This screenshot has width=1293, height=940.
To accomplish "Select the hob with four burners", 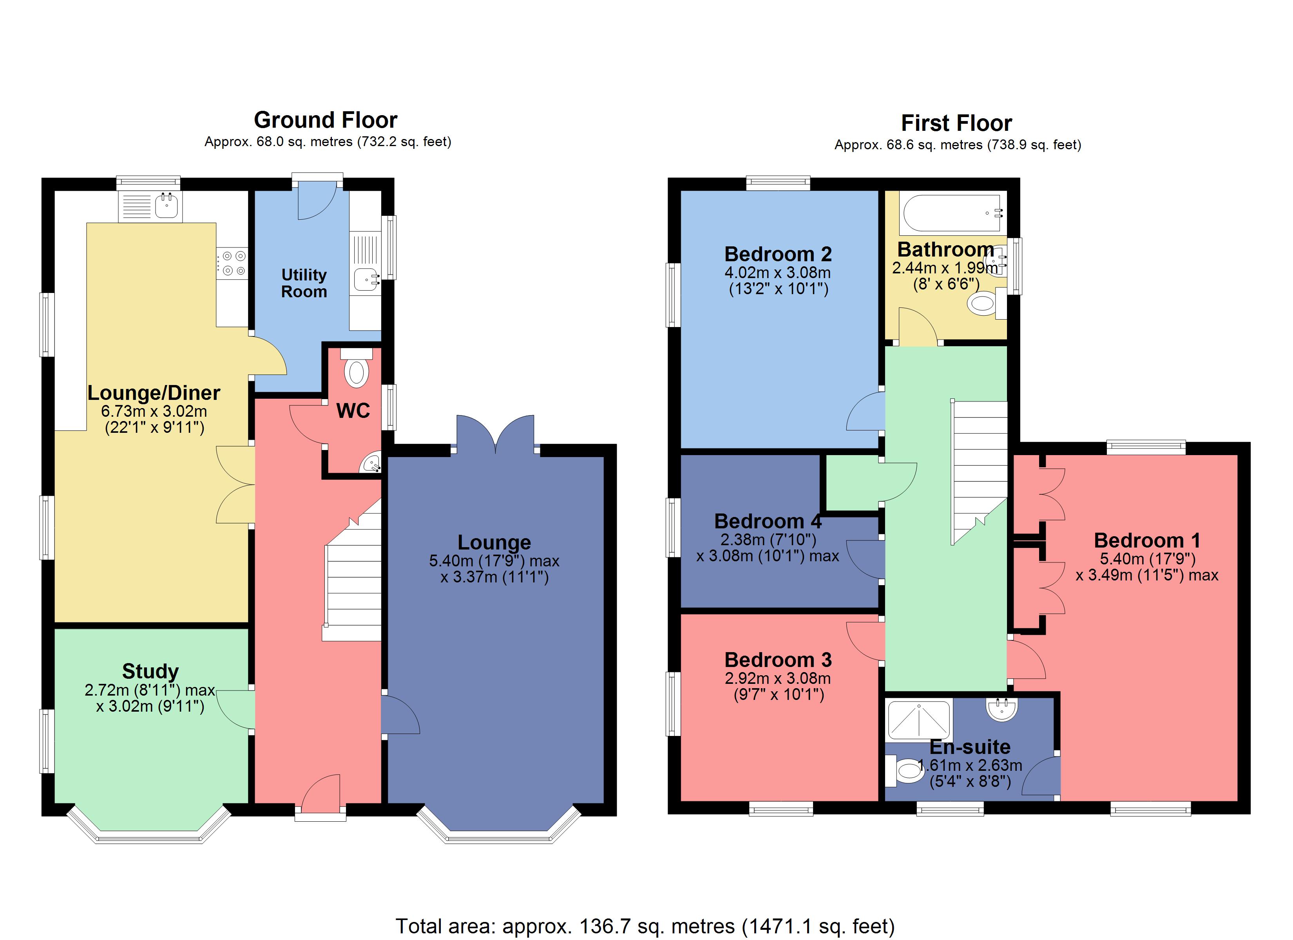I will pyautogui.click(x=232, y=263).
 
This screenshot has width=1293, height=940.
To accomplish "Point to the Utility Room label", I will pyautogui.click(x=304, y=283).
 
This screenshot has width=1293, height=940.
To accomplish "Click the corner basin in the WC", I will pyautogui.click(x=372, y=462).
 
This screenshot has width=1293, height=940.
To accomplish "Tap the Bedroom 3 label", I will pyautogui.click(x=778, y=660).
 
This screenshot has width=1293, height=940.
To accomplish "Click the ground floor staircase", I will pyautogui.click(x=352, y=582).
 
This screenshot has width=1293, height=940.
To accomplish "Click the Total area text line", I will pyautogui.click(x=645, y=926).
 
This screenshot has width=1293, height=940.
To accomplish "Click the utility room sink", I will pyautogui.click(x=367, y=280).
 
